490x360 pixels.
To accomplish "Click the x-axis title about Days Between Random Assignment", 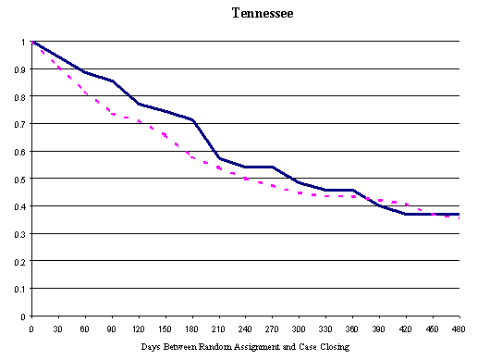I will (245, 349).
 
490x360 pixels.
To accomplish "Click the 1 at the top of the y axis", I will (23, 42).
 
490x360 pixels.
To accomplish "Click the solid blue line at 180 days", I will (192, 120).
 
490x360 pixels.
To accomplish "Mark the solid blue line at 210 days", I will (219, 158).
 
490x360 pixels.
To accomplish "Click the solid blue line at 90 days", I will (112, 81).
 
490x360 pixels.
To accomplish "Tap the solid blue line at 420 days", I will (407, 214).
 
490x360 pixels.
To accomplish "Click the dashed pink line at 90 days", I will (112, 115).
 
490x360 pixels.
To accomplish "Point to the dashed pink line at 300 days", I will (300, 192).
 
